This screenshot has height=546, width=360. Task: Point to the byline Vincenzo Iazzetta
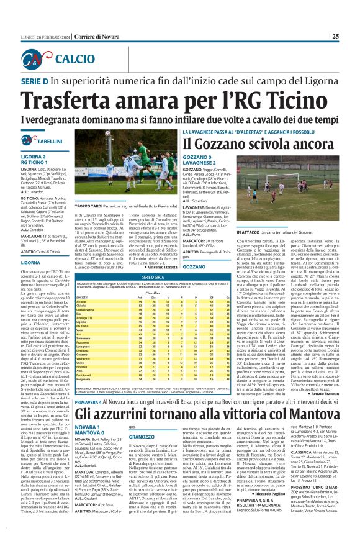click(x=138, y=283)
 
